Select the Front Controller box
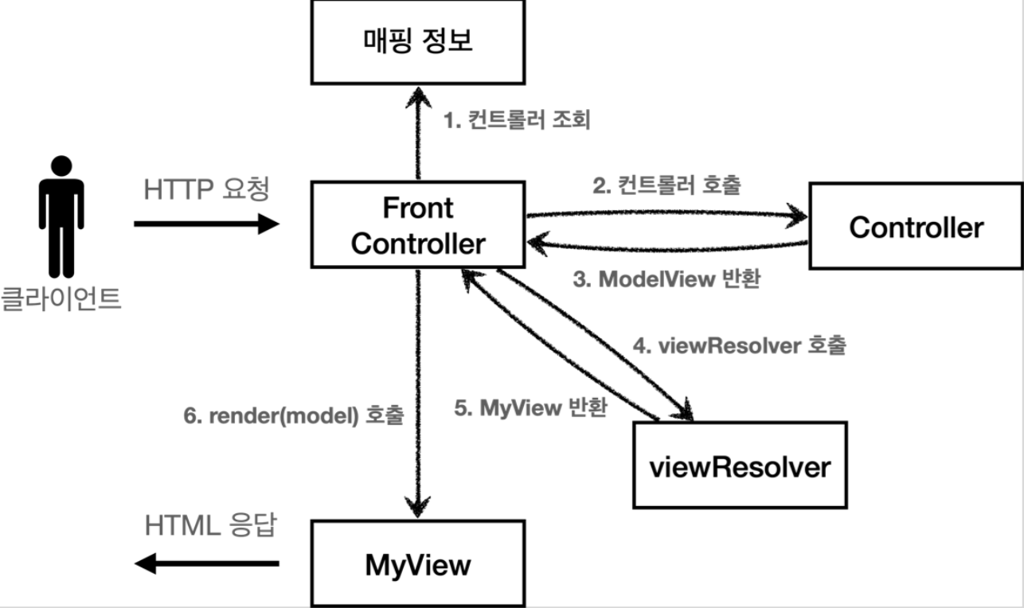click(x=417, y=225)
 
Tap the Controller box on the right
click(x=916, y=227)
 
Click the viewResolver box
click(x=740, y=466)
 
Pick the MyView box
click(x=417, y=565)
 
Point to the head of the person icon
click(x=61, y=166)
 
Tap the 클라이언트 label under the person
click(x=61, y=298)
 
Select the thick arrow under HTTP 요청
click(x=207, y=224)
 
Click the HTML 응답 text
click(x=210, y=526)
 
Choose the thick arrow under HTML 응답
click(x=207, y=564)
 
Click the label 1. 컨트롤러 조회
click(x=516, y=121)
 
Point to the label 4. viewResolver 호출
click(x=739, y=346)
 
